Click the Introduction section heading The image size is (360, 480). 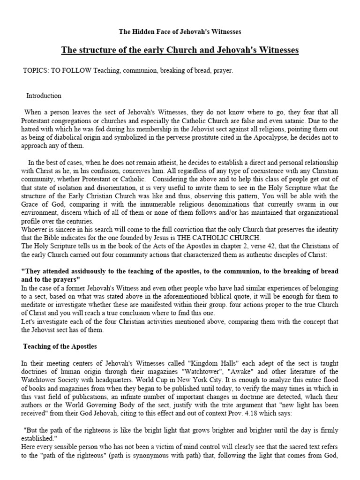(44, 96)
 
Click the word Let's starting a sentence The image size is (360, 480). (30, 322)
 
